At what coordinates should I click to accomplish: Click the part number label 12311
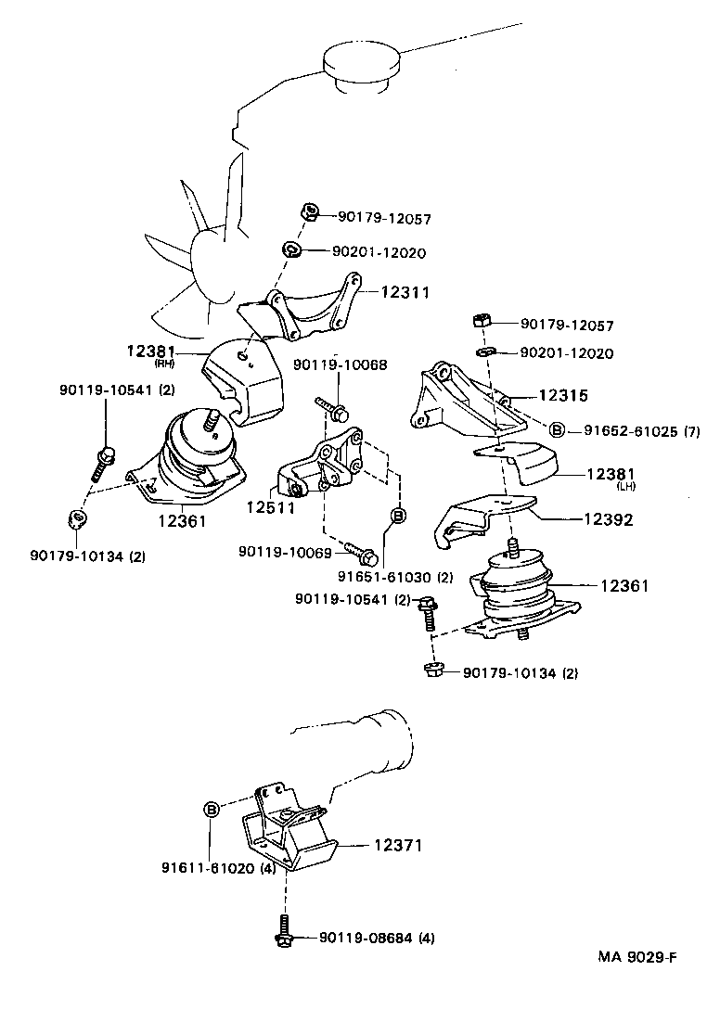click(405, 292)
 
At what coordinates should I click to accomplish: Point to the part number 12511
click(270, 507)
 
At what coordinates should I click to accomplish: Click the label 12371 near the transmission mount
click(398, 846)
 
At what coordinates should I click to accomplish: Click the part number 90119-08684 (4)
click(377, 939)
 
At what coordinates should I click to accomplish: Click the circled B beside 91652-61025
click(558, 429)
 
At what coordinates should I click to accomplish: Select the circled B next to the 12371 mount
click(212, 810)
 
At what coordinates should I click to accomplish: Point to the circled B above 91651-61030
click(397, 516)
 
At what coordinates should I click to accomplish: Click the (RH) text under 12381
click(150, 364)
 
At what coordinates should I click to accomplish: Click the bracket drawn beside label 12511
click(320, 468)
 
